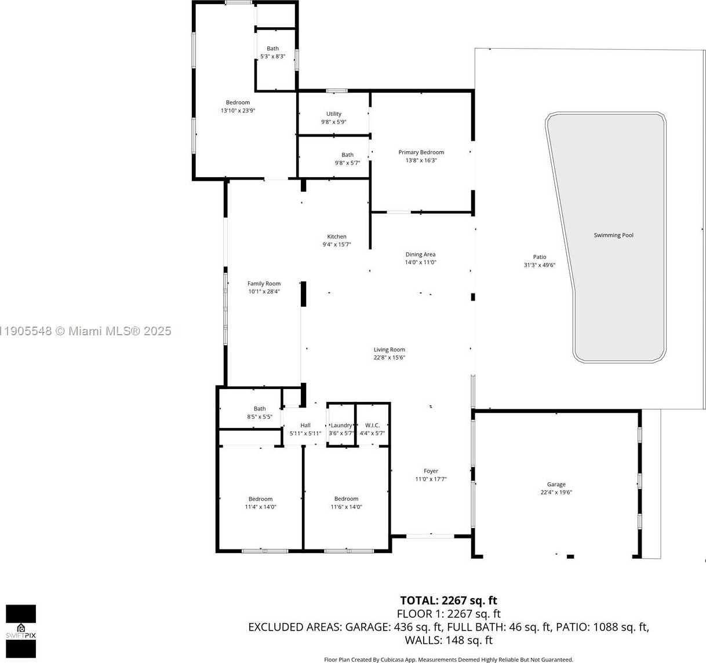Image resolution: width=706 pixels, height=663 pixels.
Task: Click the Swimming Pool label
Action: click(613, 235)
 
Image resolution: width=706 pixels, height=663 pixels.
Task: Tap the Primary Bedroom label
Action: click(421, 152)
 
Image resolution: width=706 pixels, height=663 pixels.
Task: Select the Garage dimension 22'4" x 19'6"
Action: click(556, 493)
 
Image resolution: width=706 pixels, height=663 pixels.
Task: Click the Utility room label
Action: click(333, 114)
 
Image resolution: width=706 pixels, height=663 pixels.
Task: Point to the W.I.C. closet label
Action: click(372, 426)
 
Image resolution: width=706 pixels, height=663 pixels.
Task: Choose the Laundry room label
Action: click(341, 426)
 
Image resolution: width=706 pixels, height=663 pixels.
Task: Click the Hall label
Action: click(305, 426)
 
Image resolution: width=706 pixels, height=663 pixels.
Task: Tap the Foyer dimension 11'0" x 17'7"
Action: click(431, 479)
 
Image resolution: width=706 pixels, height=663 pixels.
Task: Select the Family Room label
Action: click(264, 284)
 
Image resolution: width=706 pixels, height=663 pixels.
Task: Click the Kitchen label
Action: click(336, 236)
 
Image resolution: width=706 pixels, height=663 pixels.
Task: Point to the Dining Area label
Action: click(420, 254)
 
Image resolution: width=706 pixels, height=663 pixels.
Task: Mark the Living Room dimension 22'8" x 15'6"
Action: click(389, 358)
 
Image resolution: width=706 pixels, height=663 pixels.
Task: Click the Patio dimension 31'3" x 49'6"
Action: click(539, 265)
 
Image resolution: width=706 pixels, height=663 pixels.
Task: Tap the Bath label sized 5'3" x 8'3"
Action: click(272, 49)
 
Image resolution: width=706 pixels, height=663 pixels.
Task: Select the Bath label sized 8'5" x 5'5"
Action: click(259, 409)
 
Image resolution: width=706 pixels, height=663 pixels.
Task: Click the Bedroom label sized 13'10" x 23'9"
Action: click(238, 102)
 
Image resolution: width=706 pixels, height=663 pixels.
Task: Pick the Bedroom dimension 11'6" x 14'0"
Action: click(346, 507)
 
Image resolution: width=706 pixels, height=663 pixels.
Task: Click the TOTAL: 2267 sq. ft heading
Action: click(448, 600)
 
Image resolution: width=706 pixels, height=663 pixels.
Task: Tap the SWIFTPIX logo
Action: click(21, 631)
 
